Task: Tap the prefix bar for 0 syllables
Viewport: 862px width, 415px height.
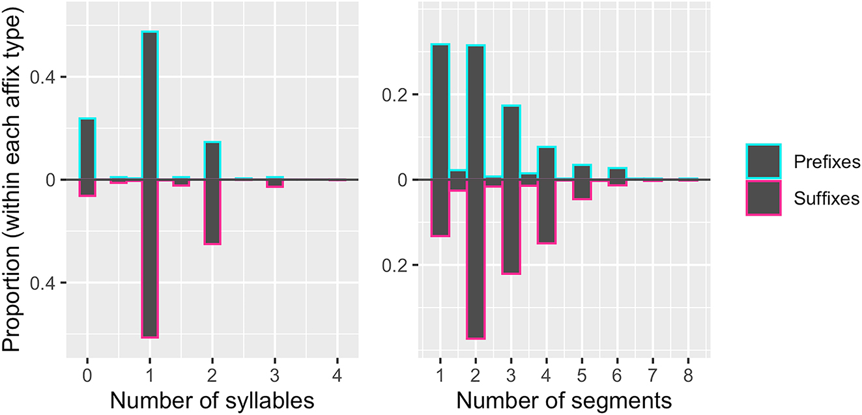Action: pyautogui.click(x=87, y=149)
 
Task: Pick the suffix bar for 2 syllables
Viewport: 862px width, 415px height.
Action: pyautogui.click(x=212, y=211)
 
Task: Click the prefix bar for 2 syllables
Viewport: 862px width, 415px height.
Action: pyautogui.click(x=212, y=160)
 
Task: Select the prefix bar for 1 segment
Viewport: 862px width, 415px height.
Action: pyautogui.click(x=440, y=111)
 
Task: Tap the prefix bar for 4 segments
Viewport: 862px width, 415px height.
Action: pyautogui.click(x=547, y=163)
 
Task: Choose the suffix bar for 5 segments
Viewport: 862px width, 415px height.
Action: pyautogui.click(x=582, y=189)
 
